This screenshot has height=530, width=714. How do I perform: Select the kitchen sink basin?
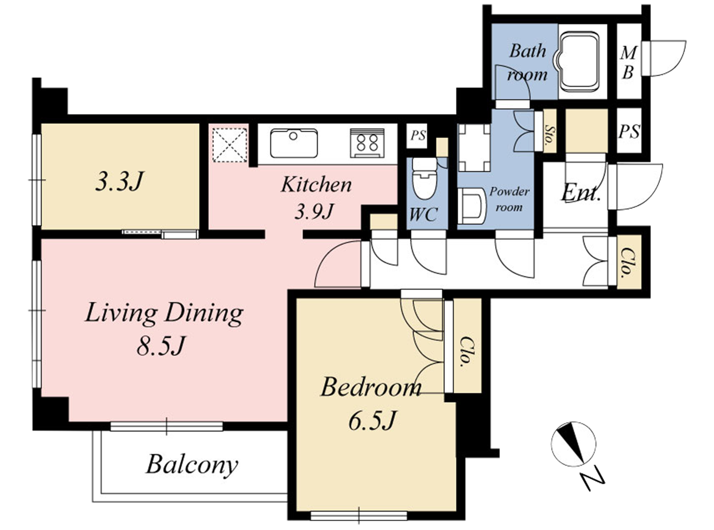294,143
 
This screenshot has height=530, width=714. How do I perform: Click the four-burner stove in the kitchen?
367,143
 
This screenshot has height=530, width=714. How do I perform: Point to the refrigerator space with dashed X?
230,145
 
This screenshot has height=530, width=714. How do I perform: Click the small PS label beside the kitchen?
418,136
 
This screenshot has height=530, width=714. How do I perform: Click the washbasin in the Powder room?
471,206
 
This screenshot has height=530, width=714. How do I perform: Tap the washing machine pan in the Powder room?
474,147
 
